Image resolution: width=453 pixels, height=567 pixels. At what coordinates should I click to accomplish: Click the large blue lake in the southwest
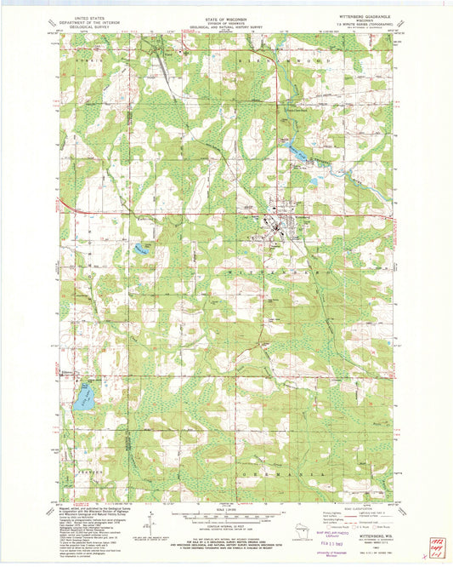click(83, 396)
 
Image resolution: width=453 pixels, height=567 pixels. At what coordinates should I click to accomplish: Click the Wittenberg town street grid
click(279, 230)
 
